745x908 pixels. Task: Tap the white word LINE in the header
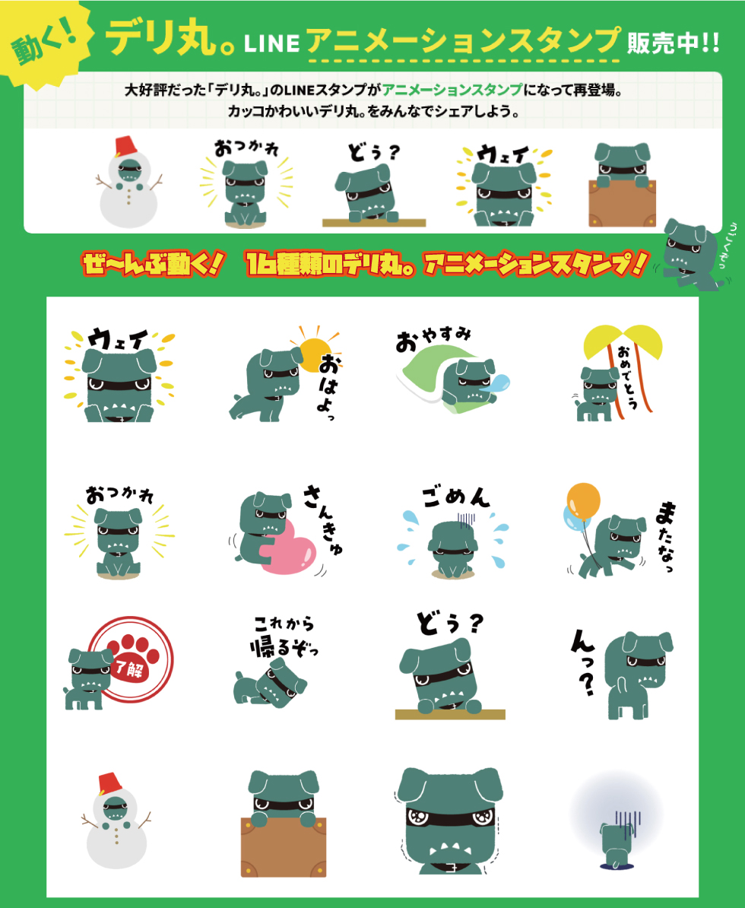pos(271,43)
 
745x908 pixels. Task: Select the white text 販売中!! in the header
pos(674,43)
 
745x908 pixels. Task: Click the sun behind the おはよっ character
pos(315,354)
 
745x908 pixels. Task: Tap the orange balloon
pos(584,501)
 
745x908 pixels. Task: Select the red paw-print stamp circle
pos(132,659)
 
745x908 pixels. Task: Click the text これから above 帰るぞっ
pos(284,624)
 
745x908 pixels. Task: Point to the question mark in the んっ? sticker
pos(586,684)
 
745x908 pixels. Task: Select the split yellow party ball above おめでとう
pos(623,341)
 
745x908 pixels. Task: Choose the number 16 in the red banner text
pos(258,264)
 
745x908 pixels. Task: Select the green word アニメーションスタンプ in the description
pos(452,90)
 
